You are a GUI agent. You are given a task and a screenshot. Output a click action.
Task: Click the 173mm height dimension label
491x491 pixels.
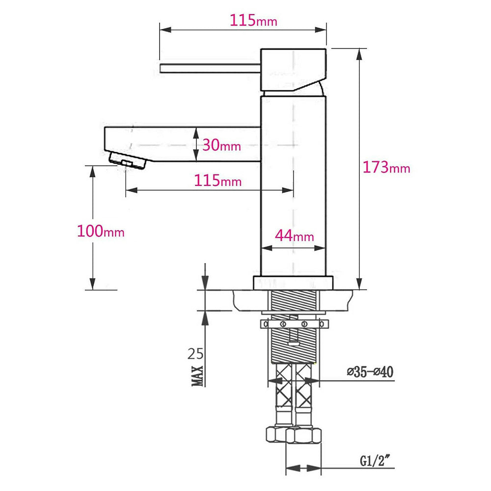click(x=386, y=167)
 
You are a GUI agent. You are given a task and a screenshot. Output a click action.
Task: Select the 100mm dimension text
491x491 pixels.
click(x=101, y=231)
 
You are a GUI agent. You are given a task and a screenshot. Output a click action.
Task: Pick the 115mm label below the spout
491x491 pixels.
click(x=218, y=181)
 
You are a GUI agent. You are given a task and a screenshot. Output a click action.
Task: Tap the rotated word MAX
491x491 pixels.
click(x=197, y=376)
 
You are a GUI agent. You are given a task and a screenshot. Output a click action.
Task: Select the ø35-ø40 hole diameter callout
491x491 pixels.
click(x=370, y=372)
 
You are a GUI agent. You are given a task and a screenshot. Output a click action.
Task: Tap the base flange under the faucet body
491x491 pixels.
click(x=293, y=283)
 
